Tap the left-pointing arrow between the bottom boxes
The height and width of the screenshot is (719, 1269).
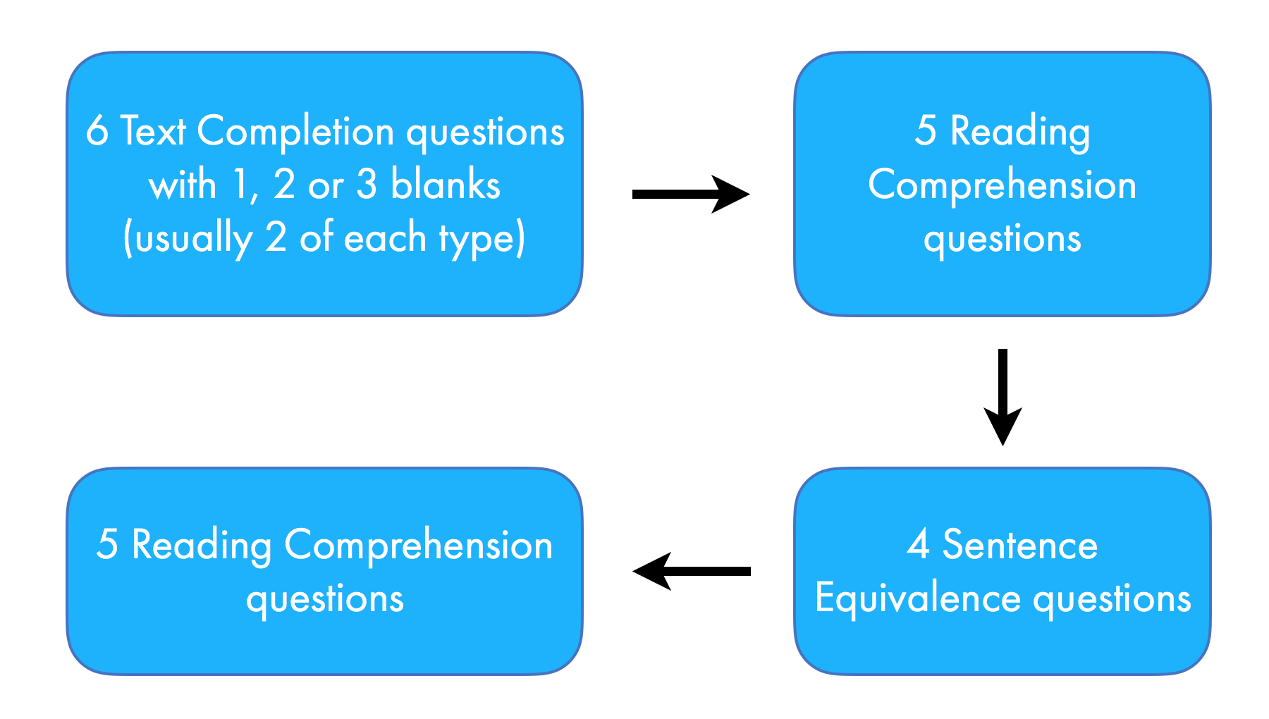[x=691, y=571]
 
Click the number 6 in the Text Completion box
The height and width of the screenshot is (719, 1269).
[x=97, y=132]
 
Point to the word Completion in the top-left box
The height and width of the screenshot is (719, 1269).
[x=295, y=132]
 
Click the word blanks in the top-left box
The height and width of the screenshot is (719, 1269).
[x=446, y=185]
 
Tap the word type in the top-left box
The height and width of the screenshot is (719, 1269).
[x=479, y=238]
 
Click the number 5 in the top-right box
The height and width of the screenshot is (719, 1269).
[x=926, y=131]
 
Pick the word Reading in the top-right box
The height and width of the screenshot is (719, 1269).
[x=1020, y=132]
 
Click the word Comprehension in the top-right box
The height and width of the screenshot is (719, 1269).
[x=1002, y=185]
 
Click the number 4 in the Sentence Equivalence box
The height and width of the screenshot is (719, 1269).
[x=918, y=545]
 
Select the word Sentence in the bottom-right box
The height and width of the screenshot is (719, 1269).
[x=1020, y=545]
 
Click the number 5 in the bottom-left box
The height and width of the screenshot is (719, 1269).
[x=107, y=545]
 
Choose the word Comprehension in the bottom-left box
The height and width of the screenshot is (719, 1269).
[x=418, y=546]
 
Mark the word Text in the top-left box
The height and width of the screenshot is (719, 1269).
[x=153, y=132]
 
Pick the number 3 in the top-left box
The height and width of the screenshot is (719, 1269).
[x=367, y=185]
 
